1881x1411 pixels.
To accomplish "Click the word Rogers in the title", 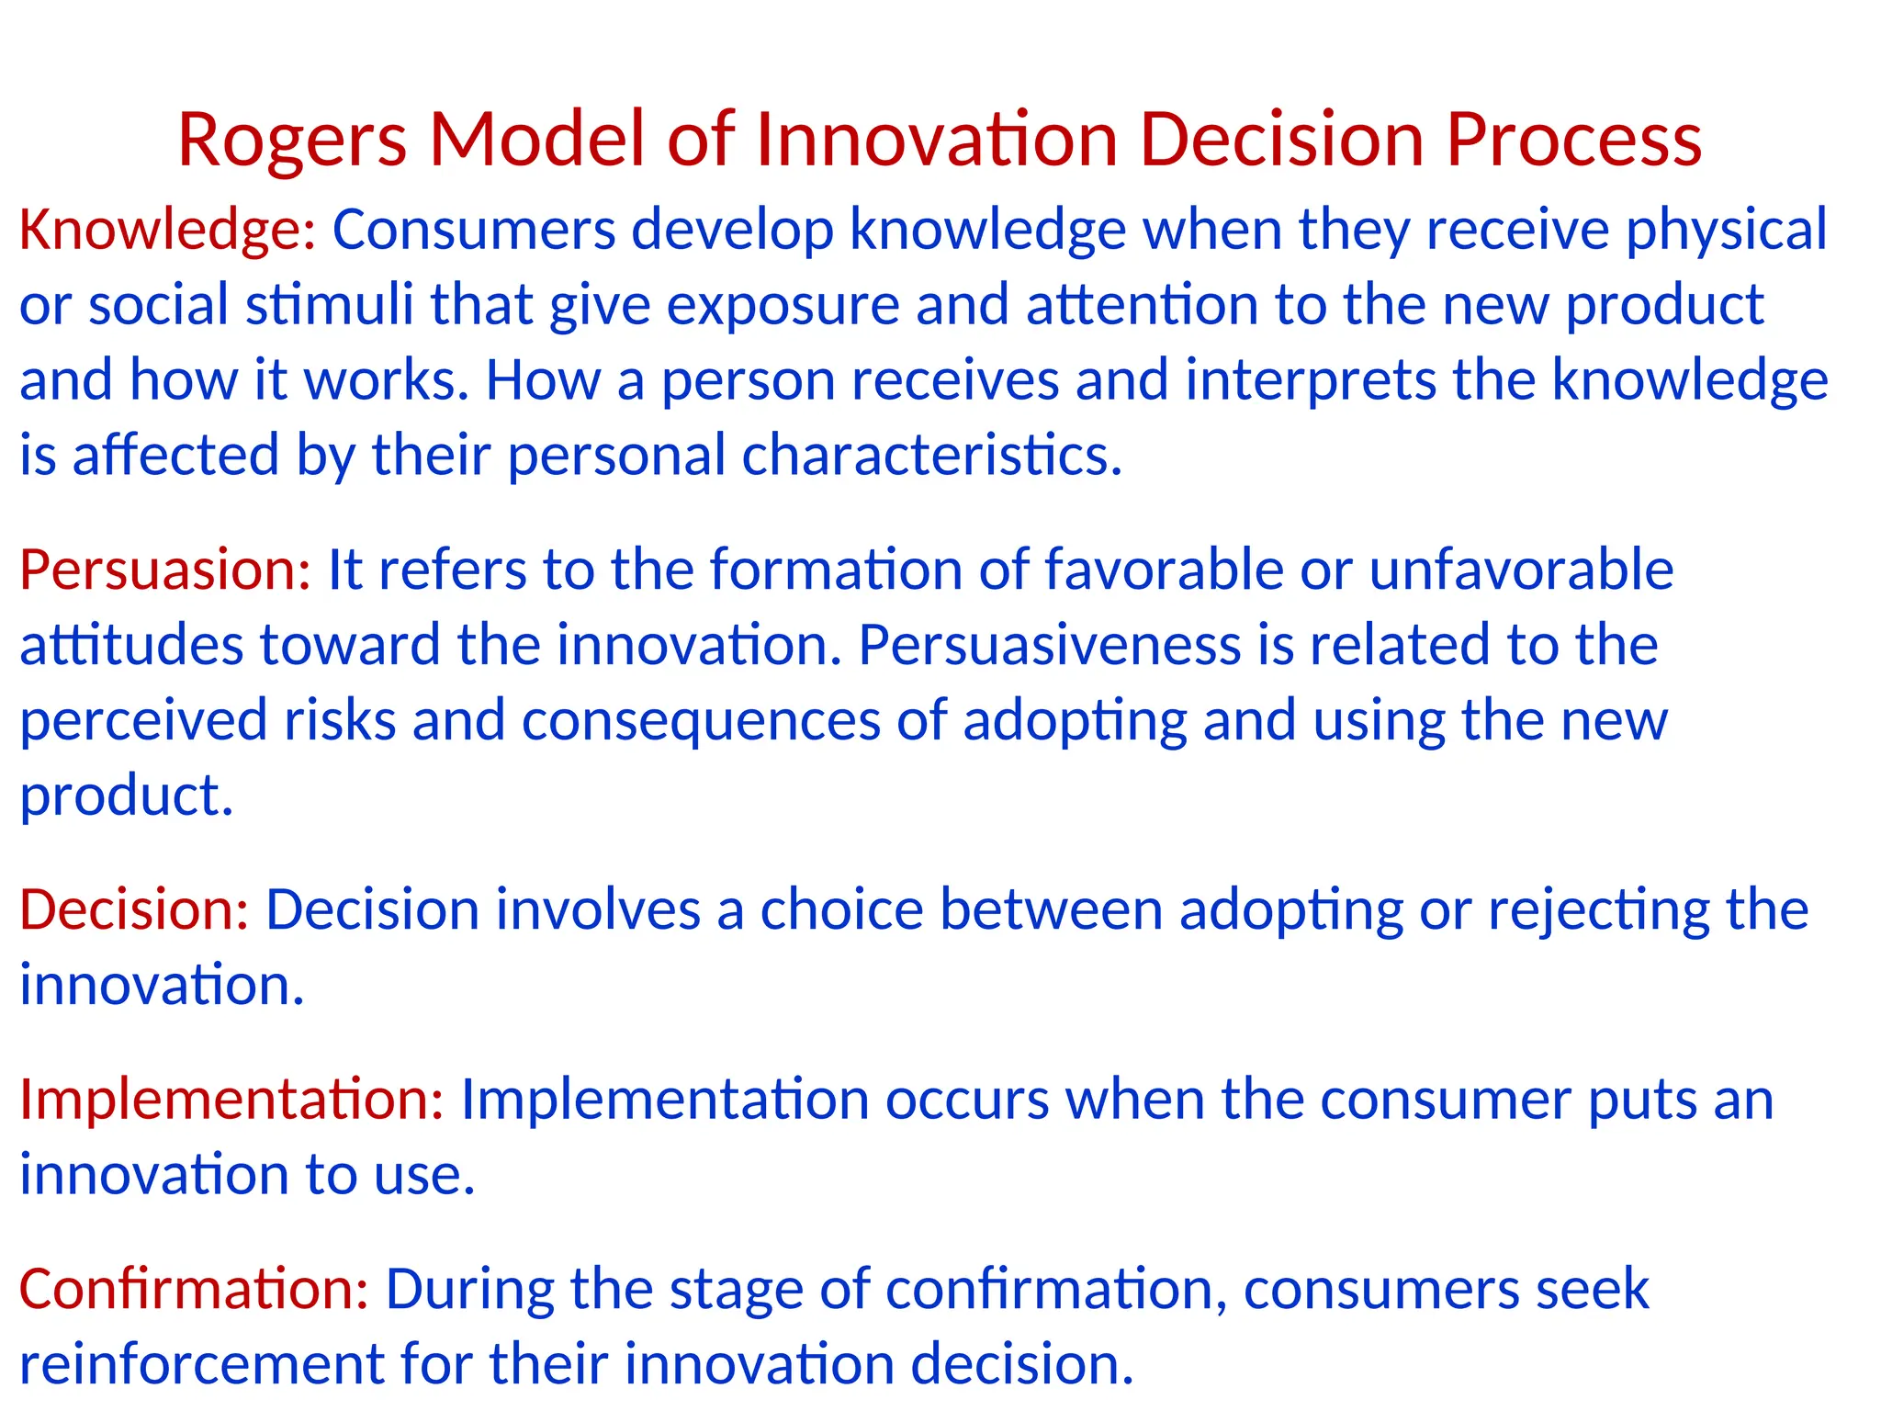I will coord(291,141).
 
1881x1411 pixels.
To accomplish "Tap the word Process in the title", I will coord(1573,141).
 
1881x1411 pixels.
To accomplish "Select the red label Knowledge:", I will coord(168,230).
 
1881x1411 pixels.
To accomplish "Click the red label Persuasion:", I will coord(165,570).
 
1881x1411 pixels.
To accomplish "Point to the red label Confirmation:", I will coord(194,1289).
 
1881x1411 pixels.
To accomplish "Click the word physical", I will coord(1727,230).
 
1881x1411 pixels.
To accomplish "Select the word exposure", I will coord(783,305).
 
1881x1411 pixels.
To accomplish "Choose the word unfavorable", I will coord(1521,570).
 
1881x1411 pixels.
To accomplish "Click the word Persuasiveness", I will coord(1049,645).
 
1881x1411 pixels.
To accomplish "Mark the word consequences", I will coord(701,720).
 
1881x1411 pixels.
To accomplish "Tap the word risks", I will coord(340,720).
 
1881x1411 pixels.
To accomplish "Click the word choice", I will coord(841,910).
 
